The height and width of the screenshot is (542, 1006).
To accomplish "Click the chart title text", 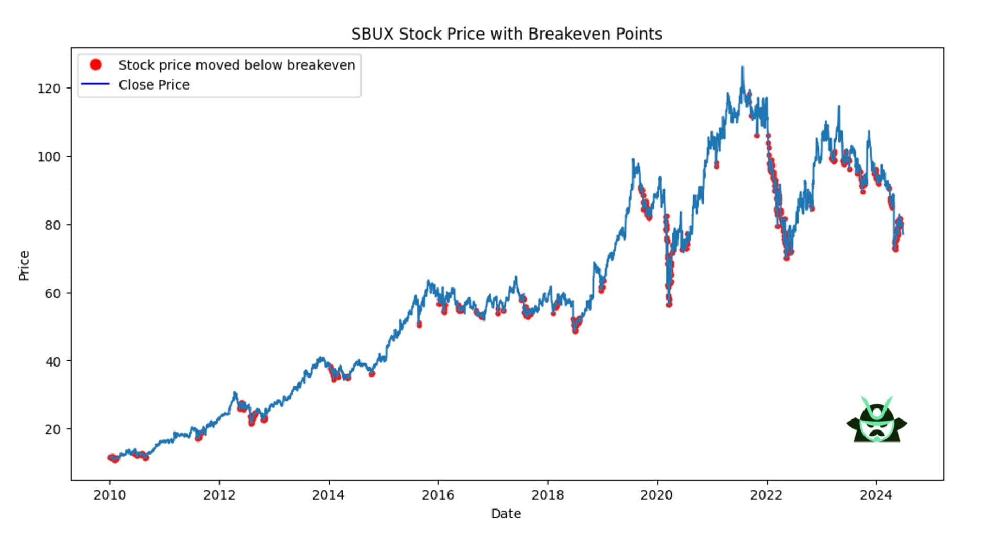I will pyautogui.click(x=506, y=34).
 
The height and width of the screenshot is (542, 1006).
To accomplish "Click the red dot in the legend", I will pyautogui.click(x=95, y=64).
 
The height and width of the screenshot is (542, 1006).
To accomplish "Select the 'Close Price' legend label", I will pyautogui.click(x=154, y=85).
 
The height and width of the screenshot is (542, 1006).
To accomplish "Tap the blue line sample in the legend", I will pyautogui.click(x=95, y=84).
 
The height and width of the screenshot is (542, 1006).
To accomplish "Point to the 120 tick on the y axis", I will pyautogui.click(x=49, y=89).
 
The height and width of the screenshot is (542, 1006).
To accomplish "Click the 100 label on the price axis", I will pyautogui.click(x=49, y=157).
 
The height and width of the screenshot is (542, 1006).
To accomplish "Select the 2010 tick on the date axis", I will pyautogui.click(x=110, y=495).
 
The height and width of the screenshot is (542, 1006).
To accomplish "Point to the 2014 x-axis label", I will pyautogui.click(x=329, y=495).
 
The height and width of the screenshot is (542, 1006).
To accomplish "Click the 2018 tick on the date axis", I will pyautogui.click(x=548, y=495).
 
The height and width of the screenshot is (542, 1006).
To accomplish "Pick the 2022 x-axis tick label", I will pyautogui.click(x=766, y=495).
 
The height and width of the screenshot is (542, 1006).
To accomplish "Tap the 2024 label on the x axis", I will pyautogui.click(x=876, y=495).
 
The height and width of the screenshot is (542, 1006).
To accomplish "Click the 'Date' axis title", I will pyautogui.click(x=506, y=514).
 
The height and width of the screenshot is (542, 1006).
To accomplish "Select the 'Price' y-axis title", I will pyautogui.click(x=24, y=266).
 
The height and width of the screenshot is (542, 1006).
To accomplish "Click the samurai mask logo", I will pyautogui.click(x=877, y=421).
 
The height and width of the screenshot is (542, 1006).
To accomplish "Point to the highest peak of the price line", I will pyautogui.click(x=742, y=67).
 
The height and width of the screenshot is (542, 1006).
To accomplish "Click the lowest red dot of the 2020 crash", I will pyautogui.click(x=669, y=304).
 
